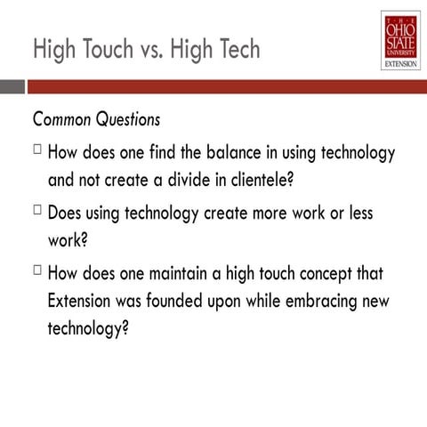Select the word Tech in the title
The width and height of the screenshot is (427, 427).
[238, 49]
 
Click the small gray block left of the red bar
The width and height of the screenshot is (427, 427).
[12, 87]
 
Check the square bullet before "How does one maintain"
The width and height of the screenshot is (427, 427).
[38, 271]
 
